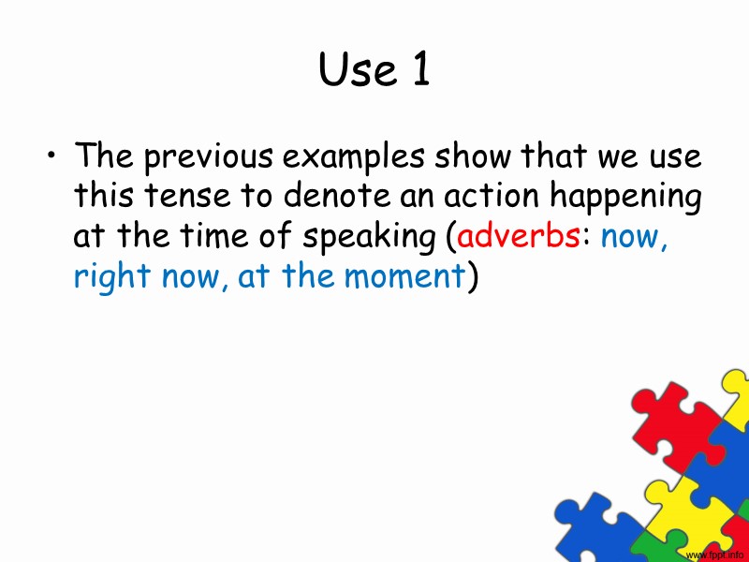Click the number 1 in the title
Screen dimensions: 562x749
[x=418, y=71]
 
